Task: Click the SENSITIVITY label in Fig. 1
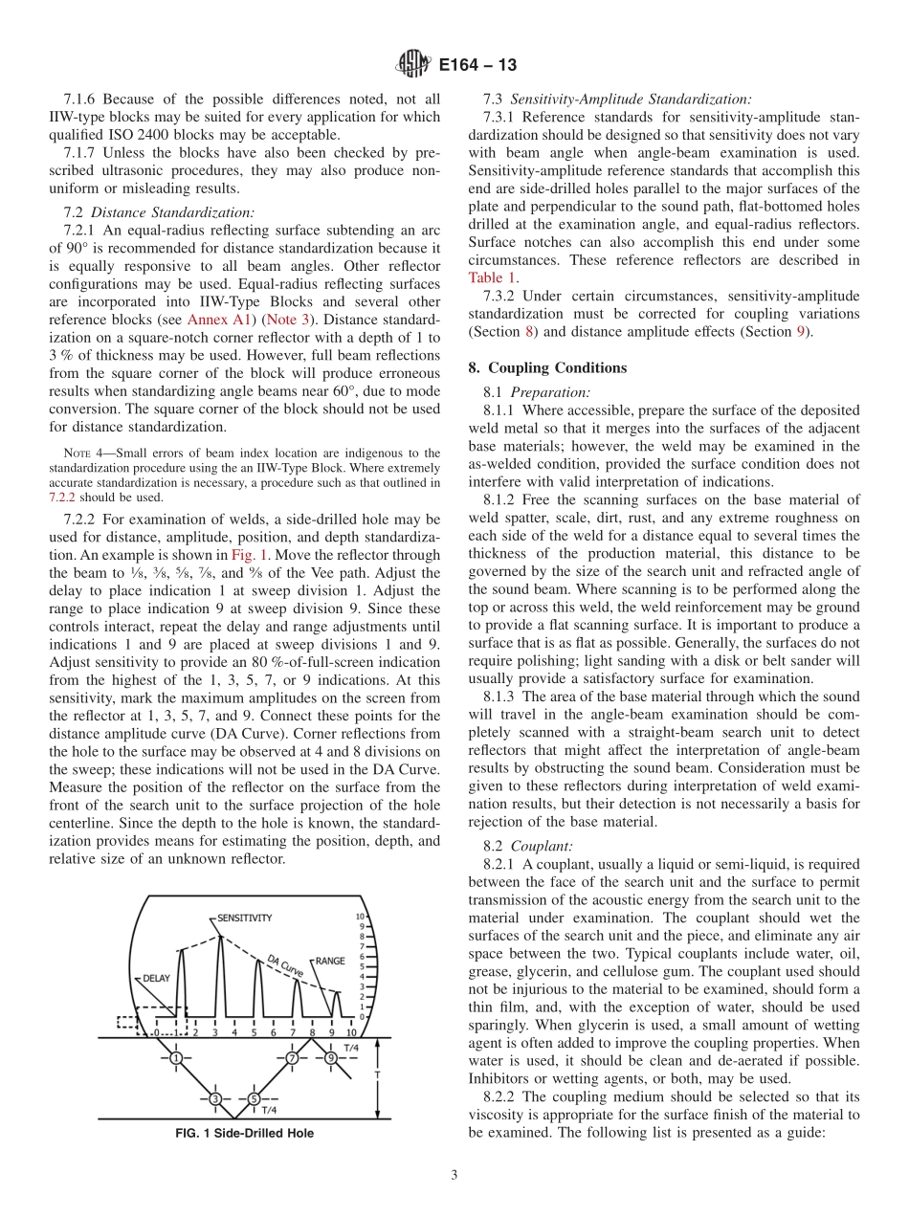[245, 918]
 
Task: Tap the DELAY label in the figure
[156, 978]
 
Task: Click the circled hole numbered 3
[215, 1098]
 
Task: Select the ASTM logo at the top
[412, 64]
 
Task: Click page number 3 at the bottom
[454, 1175]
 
